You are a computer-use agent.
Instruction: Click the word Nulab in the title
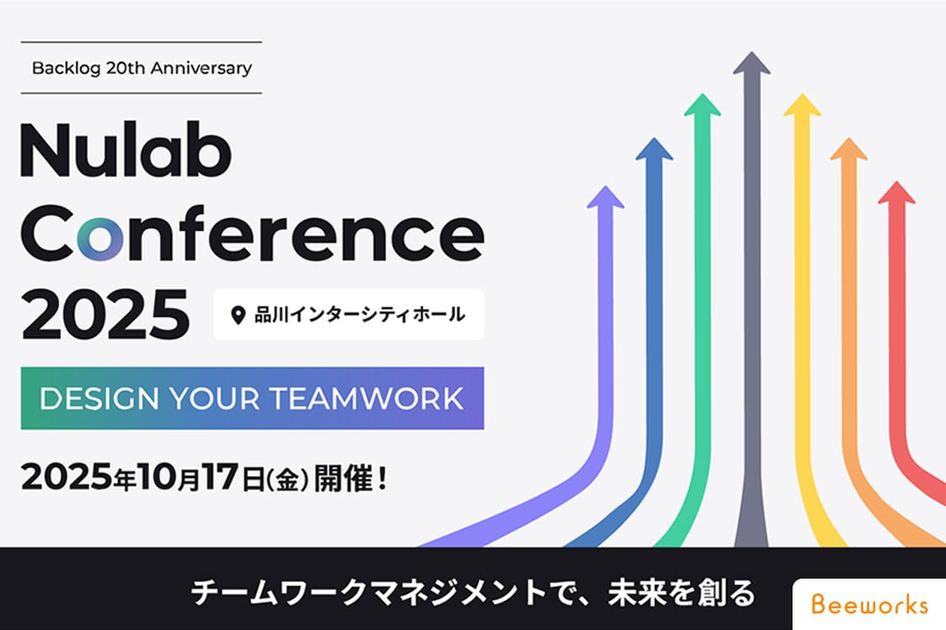click(x=126, y=150)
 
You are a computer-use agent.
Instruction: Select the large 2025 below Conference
click(x=105, y=313)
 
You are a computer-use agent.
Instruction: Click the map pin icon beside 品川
click(x=239, y=315)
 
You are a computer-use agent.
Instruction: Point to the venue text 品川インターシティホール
click(x=359, y=314)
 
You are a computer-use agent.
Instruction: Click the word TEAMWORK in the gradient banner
click(x=366, y=398)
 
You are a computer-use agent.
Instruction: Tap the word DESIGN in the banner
click(x=99, y=398)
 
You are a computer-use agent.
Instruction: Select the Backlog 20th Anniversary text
click(x=142, y=68)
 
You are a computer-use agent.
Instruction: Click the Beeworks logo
click(x=869, y=604)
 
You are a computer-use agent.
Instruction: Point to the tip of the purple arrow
click(x=605, y=186)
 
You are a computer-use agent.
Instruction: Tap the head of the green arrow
click(x=702, y=105)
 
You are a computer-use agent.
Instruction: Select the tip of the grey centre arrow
click(x=752, y=52)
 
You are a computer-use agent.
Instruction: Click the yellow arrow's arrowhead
click(x=802, y=105)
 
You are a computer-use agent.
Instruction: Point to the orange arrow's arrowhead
click(x=849, y=149)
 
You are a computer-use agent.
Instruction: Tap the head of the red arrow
click(x=896, y=192)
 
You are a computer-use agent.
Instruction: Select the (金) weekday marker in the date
click(x=288, y=480)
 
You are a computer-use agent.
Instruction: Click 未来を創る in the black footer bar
click(x=681, y=593)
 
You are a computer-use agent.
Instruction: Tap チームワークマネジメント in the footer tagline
click(x=368, y=593)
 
